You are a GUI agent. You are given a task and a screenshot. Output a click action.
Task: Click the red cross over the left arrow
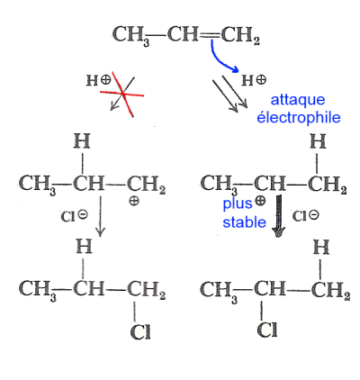pyautogui.click(x=123, y=94)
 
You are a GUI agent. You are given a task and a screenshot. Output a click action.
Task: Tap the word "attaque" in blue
pyautogui.click(x=298, y=100)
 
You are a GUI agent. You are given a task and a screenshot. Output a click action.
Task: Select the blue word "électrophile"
pyautogui.click(x=299, y=117)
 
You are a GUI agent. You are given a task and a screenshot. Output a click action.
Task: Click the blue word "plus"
pyautogui.click(x=238, y=204)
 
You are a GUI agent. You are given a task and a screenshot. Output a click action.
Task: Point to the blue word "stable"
pyautogui.click(x=244, y=222)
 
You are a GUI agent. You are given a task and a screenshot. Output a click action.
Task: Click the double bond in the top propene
pyautogui.click(x=210, y=35)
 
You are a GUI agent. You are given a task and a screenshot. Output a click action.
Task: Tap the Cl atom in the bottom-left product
pyautogui.click(x=140, y=332)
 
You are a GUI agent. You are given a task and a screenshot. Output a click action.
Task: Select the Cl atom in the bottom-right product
pyautogui.click(x=267, y=330)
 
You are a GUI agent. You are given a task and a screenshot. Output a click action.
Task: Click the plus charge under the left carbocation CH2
pyautogui.click(x=134, y=201)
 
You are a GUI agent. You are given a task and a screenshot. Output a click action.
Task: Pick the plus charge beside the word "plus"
pyautogui.click(x=260, y=201)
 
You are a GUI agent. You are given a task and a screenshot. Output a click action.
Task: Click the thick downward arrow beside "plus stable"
pyautogui.click(x=279, y=216)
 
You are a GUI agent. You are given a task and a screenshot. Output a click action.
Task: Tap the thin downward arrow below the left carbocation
pyautogui.click(x=100, y=216)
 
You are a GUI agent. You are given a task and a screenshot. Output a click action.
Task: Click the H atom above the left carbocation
pyautogui.click(x=82, y=141)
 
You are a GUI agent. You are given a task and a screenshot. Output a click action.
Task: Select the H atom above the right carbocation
pyautogui.click(x=318, y=141)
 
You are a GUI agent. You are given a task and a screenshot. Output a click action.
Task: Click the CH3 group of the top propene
pyautogui.click(x=131, y=35)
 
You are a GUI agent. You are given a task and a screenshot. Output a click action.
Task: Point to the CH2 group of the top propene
pyautogui.click(x=240, y=35)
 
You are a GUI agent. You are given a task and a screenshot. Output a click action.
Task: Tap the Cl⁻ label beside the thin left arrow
pyautogui.click(x=75, y=216)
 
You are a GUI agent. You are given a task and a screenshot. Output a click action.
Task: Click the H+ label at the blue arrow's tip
pyautogui.click(x=254, y=80)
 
